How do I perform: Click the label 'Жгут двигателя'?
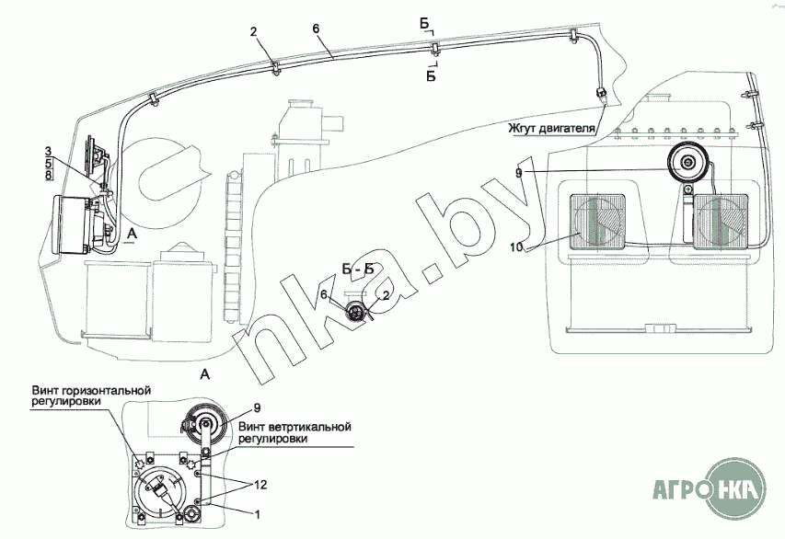tap(549, 127)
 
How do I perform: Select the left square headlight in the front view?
tap(599, 222)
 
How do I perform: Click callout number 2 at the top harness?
tap(254, 33)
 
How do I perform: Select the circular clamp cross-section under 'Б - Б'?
tap(354, 311)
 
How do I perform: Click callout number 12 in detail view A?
tap(260, 484)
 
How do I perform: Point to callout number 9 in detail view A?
tap(257, 406)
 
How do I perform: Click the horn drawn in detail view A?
tap(202, 427)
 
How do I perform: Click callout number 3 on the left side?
tap(48, 149)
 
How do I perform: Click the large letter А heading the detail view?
tap(204, 374)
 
